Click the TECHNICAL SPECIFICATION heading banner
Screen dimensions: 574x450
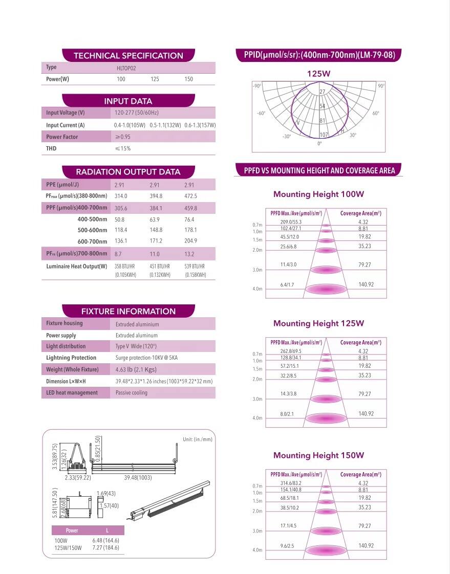[128, 56]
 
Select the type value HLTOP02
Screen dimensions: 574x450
[126, 68]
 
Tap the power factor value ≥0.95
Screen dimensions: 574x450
[123, 137]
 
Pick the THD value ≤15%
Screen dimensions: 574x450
[123, 149]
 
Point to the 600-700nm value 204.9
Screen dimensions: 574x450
[190, 241]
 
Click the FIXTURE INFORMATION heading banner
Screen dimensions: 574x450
[128, 312]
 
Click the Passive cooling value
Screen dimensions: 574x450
[132, 393]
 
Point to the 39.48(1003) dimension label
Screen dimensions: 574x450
[138, 478]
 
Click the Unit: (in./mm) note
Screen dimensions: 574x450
[197, 439]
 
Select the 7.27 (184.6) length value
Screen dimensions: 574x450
[105, 547]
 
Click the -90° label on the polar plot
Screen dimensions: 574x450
[257, 86]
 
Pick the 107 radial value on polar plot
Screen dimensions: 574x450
[324, 135]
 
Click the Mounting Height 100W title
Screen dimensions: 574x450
[318, 194]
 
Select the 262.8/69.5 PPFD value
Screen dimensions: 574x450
[291, 351]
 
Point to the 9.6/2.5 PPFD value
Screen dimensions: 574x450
[287, 546]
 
